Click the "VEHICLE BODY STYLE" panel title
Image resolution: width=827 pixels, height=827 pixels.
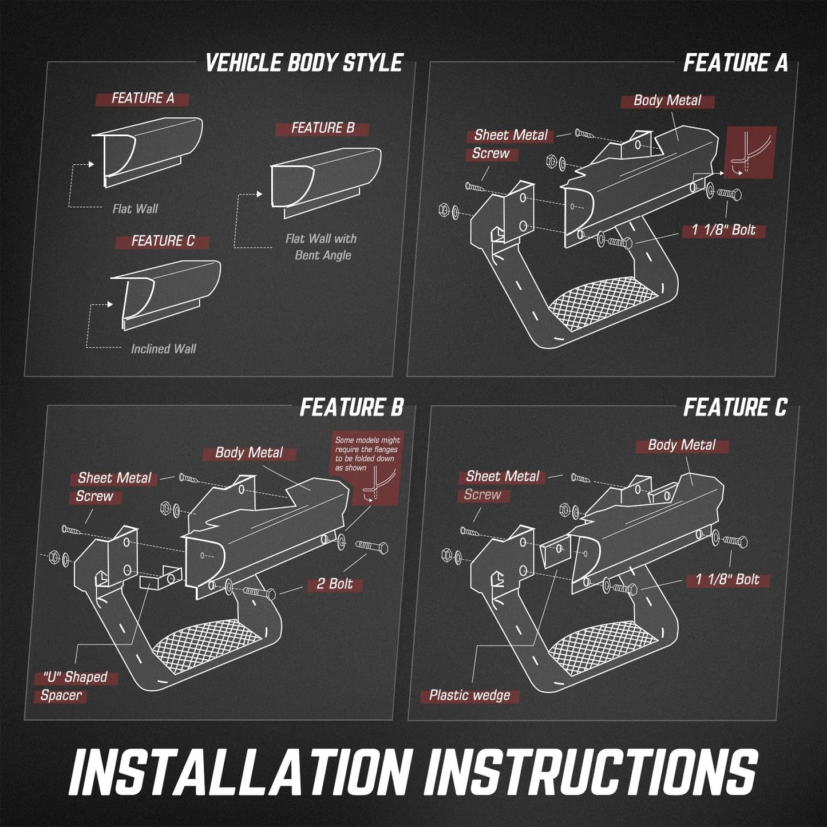point(304,63)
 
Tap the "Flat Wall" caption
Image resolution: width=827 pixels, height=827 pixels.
point(135,209)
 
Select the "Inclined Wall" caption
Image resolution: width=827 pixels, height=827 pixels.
point(164,349)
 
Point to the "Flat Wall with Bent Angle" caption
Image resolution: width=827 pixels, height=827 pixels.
point(322,247)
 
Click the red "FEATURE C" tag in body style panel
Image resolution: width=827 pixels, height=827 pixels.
point(163,241)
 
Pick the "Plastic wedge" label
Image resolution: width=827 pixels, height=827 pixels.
point(470,695)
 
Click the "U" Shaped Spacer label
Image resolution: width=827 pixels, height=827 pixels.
point(70,686)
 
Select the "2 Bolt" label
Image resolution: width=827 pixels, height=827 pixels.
point(335,584)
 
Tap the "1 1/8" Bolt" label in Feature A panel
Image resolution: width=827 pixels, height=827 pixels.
point(724,230)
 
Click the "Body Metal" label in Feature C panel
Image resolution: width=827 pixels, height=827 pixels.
point(682,445)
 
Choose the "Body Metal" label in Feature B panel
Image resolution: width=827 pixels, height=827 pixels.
point(250,453)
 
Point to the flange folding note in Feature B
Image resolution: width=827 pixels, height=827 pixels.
point(367,454)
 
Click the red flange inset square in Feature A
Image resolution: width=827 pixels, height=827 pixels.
point(750,152)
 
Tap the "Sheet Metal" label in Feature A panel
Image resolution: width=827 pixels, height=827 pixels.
point(511,136)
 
